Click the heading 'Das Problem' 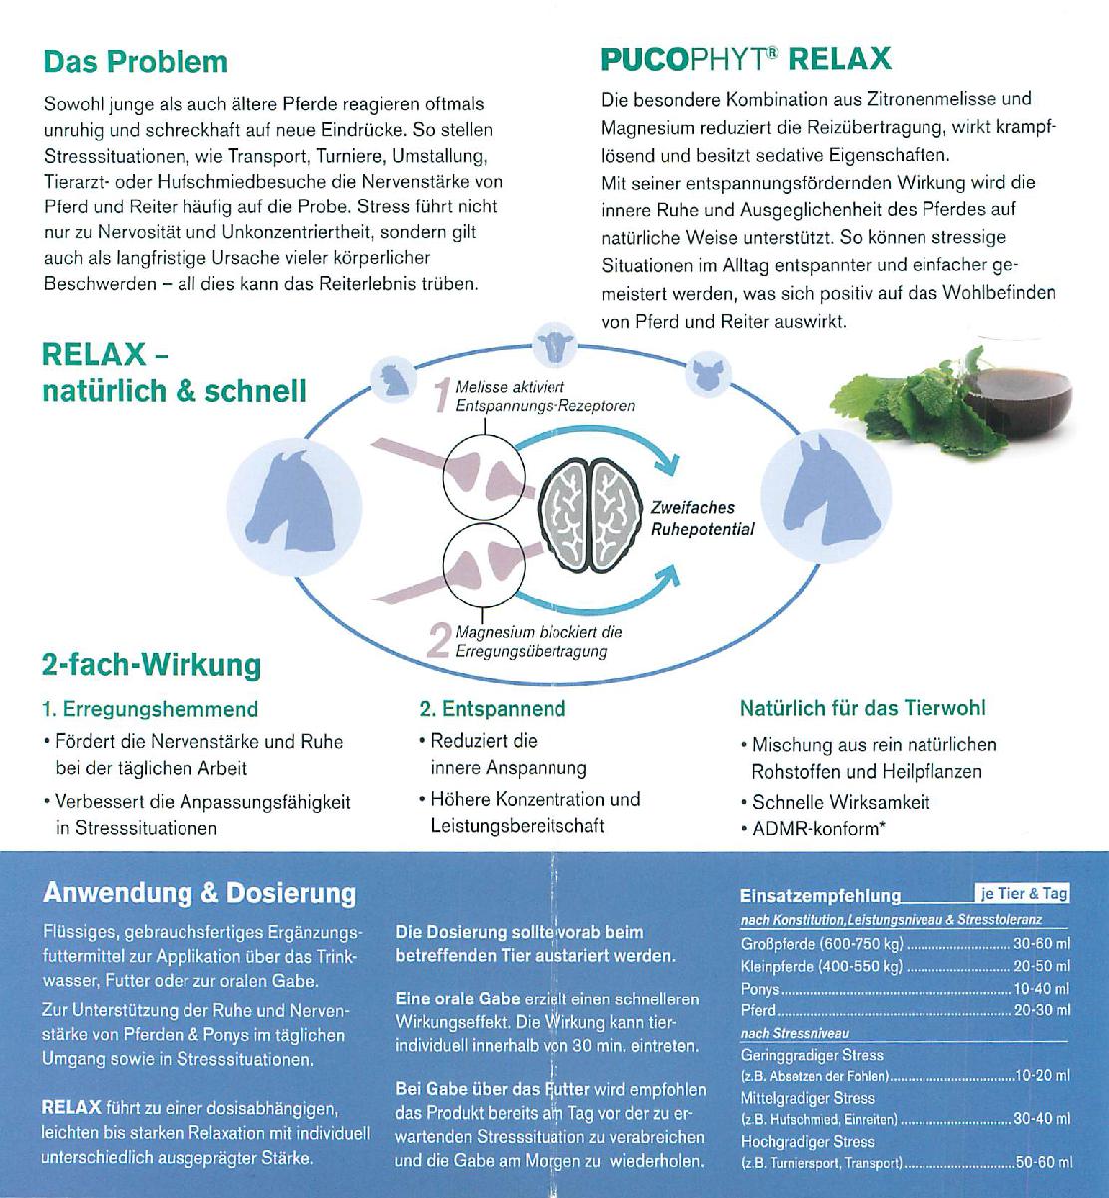(136, 61)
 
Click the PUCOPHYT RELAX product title (746, 59)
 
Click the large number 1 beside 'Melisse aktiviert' (440, 395)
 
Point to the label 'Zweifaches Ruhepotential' (702, 518)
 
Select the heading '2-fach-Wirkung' (152, 665)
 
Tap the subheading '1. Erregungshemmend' (151, 709)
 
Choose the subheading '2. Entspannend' (493, 709)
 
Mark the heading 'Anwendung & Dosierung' (199, 891)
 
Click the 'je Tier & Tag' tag (1024, 894)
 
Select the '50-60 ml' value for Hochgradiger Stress (1043, 1163)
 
